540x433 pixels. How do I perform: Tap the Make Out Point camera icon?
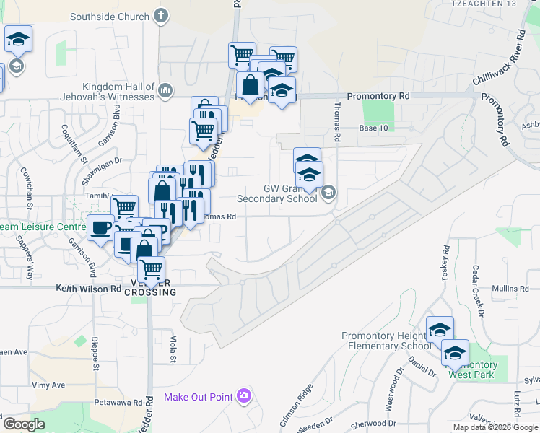pos(244,395)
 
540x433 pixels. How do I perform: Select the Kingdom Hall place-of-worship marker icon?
pos(165,89)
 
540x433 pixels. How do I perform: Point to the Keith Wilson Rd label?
pos(89,289)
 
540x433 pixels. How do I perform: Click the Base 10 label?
pos(374,128)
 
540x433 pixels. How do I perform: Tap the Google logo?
pos(25,424)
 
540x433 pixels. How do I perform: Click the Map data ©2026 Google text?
pos(495,427)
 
